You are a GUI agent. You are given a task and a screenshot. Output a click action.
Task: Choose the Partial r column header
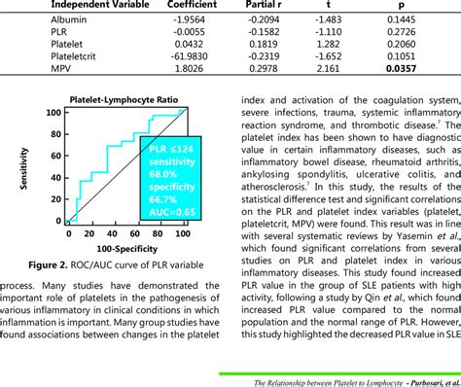click(284, 5)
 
